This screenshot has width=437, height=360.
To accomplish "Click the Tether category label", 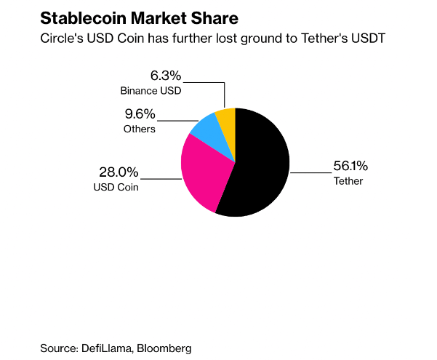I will click(348, 180).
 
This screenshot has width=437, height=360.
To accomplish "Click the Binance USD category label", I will click(151, 91).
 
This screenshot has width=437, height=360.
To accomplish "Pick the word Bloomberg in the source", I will click(166, 348).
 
